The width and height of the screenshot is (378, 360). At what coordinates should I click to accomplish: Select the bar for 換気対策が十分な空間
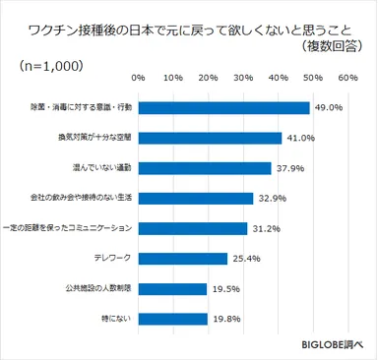pos(210,138)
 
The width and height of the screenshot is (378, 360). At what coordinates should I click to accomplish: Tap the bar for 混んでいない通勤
pos(204,168)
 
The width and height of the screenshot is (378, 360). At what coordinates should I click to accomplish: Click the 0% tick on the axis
pos(138,77)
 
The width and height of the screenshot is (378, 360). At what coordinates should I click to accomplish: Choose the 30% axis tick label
pos(242,77)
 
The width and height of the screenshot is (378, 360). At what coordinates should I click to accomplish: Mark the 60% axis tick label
pos(347,77)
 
